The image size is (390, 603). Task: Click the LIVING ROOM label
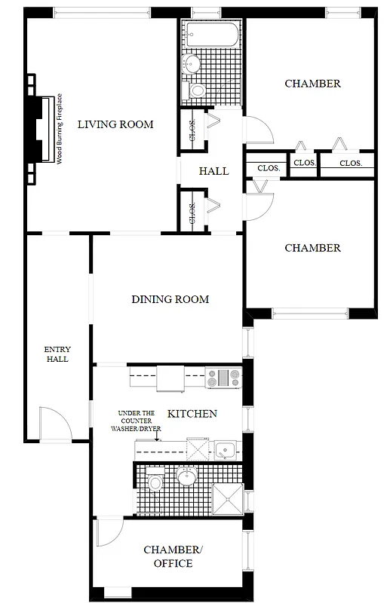pos(115,124)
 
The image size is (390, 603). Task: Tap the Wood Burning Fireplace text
pos(59,128)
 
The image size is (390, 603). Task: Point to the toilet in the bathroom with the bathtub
pos(197,91)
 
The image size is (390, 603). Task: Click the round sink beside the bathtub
pos(192,63)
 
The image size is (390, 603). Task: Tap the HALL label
pos(213,171)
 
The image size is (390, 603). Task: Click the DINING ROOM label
pos(170,299)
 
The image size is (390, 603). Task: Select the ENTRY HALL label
pos(57,354)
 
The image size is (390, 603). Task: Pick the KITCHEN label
pos(192,414)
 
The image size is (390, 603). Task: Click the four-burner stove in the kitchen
pos(223,377)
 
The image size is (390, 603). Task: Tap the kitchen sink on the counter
pos(224,451)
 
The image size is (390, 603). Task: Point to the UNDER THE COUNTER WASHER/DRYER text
pos(140,421)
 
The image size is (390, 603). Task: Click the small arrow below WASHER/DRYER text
pos(156,436)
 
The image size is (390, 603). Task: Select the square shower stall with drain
pos(227,498)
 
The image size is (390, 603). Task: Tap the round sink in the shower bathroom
pos(186,476)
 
